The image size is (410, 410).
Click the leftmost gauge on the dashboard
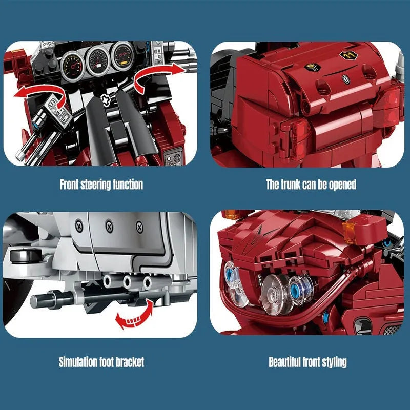72,66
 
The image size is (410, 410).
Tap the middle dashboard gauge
98,61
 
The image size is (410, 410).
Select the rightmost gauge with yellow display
122,56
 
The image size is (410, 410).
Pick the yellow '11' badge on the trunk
348,55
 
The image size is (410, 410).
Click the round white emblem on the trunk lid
346,79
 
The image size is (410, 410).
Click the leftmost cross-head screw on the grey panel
79,225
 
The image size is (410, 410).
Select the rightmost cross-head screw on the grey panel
139,227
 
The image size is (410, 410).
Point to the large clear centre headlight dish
276,294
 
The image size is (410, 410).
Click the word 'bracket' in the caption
130,362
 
